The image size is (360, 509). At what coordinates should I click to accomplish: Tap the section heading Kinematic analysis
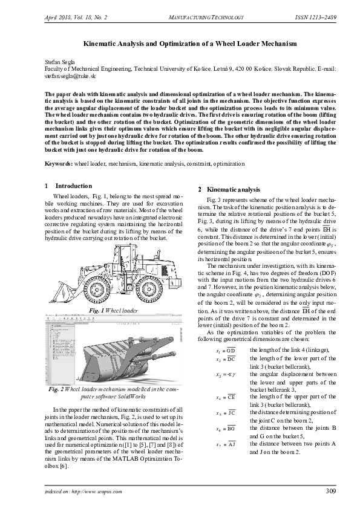(233, 190)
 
